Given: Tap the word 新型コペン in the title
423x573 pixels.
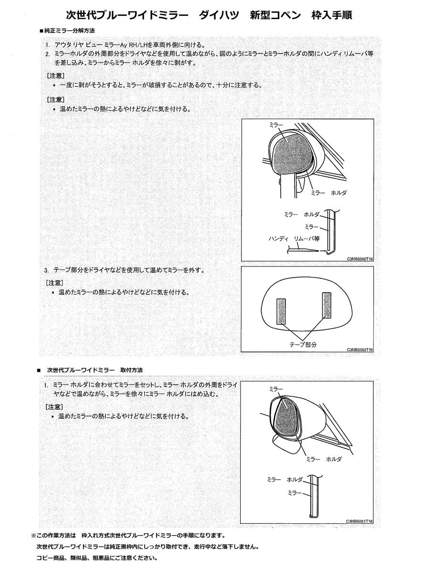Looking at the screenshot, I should click(275, 15).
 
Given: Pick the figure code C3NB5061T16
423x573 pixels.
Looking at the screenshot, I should click(360, 521).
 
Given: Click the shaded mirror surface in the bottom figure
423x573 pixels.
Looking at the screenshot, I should click(286, 416).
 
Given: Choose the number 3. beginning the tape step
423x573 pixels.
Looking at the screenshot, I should click(46, 270).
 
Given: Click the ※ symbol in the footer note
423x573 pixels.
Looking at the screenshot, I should click(33, 535).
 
